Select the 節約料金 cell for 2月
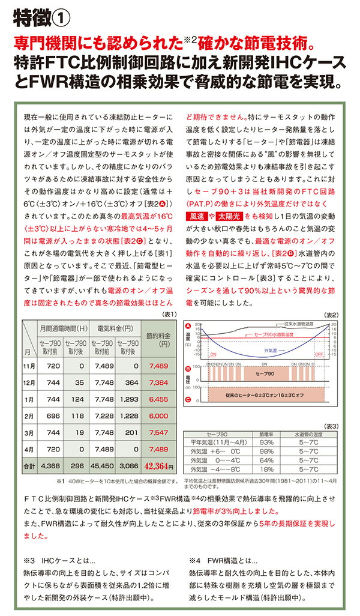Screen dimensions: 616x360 pyautogui.click(x=158, y=415)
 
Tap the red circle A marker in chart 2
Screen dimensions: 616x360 pyautogui.click(x=188, y=325)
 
